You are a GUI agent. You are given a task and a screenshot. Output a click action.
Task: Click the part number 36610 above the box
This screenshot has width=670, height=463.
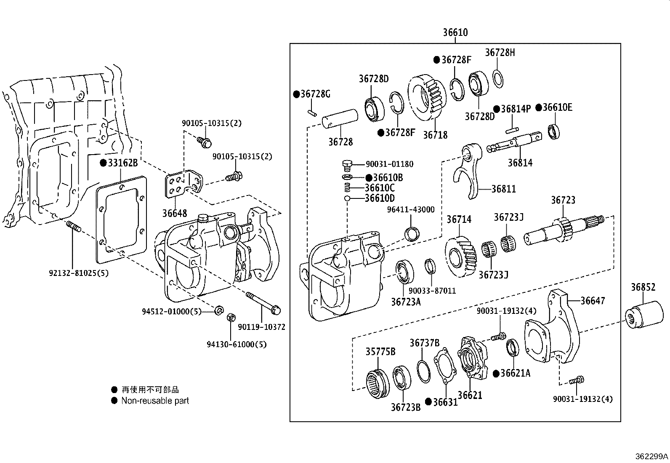tap(455, 32)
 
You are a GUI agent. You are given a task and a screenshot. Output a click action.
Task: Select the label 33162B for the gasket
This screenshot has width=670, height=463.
tap(122, 163)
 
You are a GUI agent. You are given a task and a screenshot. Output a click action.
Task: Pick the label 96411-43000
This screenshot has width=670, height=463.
tap(411, 209)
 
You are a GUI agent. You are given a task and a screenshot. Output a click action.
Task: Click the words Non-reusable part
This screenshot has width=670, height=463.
tap(155, 401)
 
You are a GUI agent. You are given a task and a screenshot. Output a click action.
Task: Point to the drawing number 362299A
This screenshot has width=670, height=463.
tap(651, 456)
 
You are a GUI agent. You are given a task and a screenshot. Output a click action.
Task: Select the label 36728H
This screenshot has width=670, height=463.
tap(500, 53)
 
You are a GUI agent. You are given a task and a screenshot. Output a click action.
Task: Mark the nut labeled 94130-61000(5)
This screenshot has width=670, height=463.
tap(231, 317)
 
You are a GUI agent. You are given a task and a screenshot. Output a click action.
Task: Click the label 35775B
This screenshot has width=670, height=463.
tap(380, 351)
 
